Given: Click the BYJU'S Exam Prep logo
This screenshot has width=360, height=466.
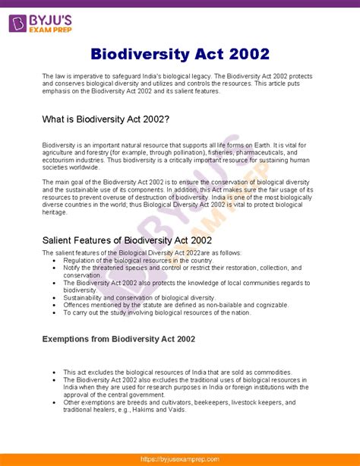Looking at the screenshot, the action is point(39,24).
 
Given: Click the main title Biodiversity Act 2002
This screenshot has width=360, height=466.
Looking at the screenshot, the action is point(180,55).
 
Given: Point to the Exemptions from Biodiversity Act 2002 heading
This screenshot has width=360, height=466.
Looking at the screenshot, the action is point(118,338).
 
